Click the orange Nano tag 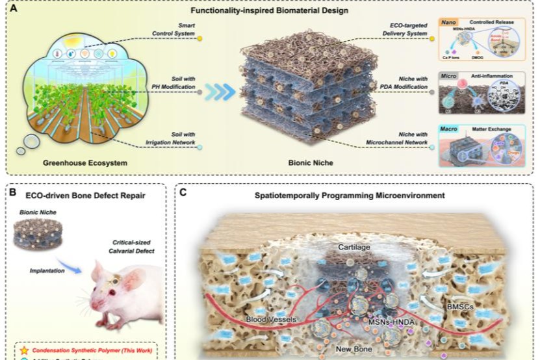click(x=449, y=21)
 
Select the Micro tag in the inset click(x=450, y=76)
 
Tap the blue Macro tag click(x=450, y=129)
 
